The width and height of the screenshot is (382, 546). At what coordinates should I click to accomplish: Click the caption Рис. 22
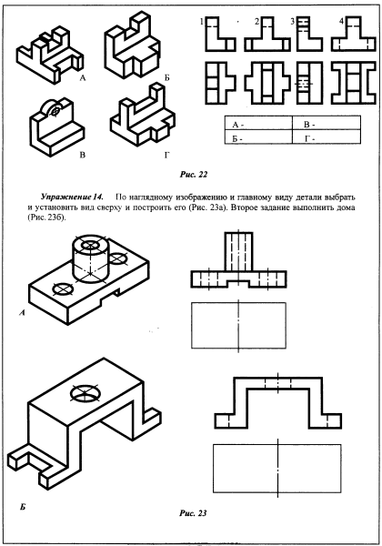194,175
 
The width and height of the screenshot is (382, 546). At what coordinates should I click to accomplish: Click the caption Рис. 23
193,513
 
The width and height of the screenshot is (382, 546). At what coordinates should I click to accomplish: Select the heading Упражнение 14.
72,197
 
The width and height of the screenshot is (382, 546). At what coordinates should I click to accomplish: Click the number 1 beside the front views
201,22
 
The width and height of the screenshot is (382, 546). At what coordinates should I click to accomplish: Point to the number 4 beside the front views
342,22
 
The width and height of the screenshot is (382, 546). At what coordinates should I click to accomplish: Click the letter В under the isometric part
83,155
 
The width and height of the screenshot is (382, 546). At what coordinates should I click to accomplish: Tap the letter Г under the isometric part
167,155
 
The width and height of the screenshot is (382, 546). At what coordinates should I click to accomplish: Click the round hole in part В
55,112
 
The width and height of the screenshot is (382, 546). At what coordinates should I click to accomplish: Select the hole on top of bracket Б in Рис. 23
85,394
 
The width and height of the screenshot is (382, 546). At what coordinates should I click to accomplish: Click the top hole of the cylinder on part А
91,245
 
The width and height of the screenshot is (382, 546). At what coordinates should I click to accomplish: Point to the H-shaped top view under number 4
354,83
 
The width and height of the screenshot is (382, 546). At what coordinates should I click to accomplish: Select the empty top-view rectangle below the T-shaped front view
238,326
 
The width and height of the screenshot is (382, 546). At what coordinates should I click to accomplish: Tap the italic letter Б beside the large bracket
23,507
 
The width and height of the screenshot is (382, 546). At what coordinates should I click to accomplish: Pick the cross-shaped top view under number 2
267,83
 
